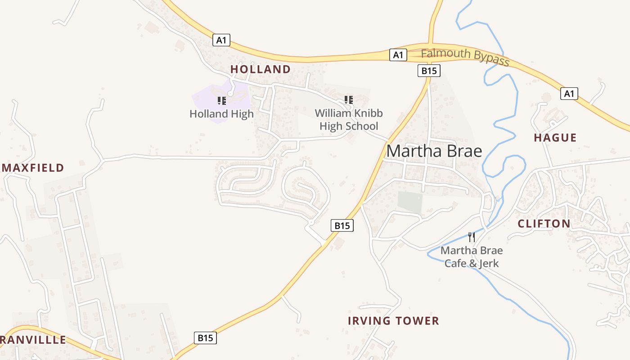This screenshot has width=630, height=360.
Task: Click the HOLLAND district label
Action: pos(260,69)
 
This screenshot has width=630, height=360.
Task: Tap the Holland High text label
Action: pos(221,114)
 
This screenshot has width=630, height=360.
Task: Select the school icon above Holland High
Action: pos(221,100)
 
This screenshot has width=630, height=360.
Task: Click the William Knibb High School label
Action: pos(349,120)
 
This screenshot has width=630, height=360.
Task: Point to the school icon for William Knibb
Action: pos(348,99)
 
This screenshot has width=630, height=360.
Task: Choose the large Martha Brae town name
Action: pos(434,151)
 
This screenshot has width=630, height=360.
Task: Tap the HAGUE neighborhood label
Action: pos(555,138)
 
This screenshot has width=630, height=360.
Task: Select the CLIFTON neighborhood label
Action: pos(544,224)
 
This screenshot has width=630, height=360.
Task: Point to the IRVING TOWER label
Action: pos(393,321)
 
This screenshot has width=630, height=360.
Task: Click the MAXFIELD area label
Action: pos(33,168)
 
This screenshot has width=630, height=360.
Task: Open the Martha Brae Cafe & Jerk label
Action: pos(472,256)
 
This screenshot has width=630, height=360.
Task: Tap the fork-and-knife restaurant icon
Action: pos(472,237)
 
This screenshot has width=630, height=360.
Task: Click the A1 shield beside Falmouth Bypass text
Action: pos(398,55)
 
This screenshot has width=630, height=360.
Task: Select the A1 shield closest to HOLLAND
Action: pos(221,40)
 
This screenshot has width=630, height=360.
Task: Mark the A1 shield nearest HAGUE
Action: pos(569,94)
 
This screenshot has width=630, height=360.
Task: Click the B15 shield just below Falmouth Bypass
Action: pos(428,71)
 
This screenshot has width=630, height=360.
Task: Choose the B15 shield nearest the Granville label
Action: pos(205,338)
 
